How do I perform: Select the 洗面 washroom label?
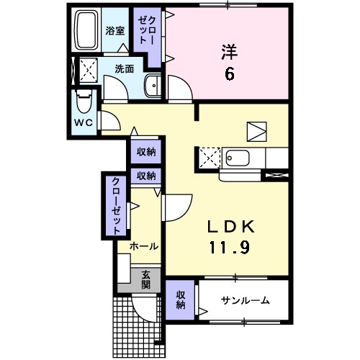(x=124, y=69)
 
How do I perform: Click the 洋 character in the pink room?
(x=228, y=52)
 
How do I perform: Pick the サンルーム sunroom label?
(x=246, y=300)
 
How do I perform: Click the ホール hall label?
(x=144, y=246)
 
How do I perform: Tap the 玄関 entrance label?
(x=145, y=278)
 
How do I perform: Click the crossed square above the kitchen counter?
(x=256, y=130)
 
